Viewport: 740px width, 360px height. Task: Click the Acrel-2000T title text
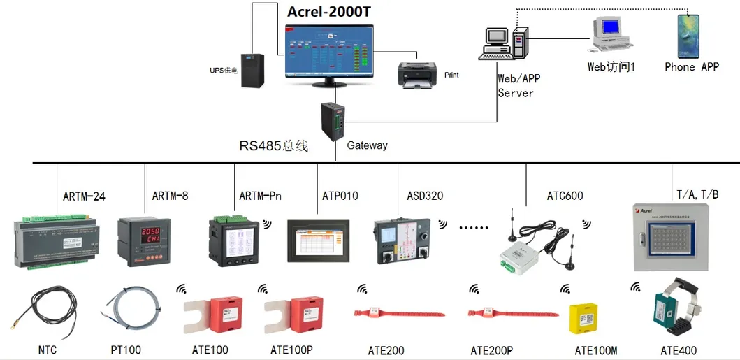(330, 12)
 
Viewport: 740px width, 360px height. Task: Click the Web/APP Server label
(518, 86)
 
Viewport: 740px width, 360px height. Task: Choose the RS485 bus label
(273, 146)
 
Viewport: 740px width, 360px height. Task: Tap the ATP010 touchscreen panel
(318, 241)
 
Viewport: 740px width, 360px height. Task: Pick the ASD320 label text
(425, 196)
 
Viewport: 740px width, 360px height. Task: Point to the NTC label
(48, 350)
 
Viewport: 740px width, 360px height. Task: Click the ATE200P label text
(491, 350)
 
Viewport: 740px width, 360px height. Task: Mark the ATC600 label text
(565, 196)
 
